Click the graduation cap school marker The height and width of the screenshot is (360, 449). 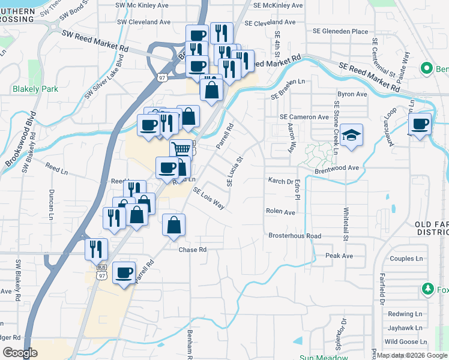point(352,135)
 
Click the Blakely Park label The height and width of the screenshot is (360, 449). point(35,89)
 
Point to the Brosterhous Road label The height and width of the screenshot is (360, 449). point(295,236)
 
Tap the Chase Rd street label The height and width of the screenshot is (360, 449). point(192,249)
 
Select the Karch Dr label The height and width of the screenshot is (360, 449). point(280,180)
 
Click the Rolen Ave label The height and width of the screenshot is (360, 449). point(281,211)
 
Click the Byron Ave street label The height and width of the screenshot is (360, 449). point(352,94)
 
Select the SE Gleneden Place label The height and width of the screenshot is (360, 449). point(340,31)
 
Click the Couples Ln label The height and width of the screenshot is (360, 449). point(406,259)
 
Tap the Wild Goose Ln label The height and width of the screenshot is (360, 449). point(405,341)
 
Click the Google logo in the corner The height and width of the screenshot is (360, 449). point(20,353)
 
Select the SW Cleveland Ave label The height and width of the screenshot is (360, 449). point(143,22)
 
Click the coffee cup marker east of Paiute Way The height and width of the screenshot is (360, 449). point(420,125)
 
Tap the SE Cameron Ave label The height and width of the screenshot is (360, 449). point(304,117)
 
